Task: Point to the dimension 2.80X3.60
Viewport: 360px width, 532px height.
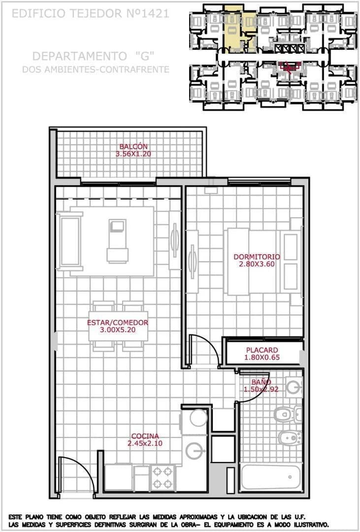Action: (256, 264)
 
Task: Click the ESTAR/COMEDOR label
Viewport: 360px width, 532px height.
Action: (117, 323)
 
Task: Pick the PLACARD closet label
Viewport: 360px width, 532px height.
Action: (262, 350)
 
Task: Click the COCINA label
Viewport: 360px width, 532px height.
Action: (145, 436)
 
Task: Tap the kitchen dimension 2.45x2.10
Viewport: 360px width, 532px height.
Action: (145, 443)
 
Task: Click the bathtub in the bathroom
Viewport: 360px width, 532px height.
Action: (271, 477)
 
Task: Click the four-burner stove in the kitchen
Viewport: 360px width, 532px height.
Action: (163, 477)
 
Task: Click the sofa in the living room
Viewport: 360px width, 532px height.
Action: (69, 241)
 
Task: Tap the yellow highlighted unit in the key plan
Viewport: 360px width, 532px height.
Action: (234, 27)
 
